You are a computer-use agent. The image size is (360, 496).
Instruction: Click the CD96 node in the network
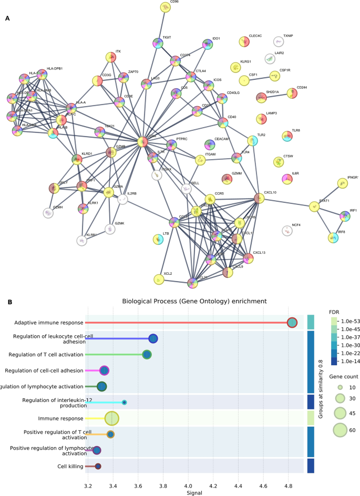coord(166,7)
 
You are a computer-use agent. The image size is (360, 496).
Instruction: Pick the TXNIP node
coord(279,41)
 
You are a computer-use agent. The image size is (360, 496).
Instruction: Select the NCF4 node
coord(287,230)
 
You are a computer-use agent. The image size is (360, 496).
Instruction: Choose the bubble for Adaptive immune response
coord(292,323)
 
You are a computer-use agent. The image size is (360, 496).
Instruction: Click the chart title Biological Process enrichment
coord(194,302)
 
